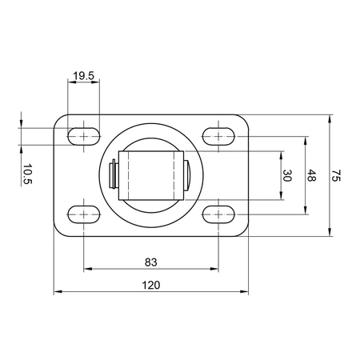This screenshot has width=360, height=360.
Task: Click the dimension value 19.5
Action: click(83, 76)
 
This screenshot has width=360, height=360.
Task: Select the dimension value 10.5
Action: click(27, 174)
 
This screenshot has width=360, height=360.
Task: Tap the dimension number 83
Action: click(150, 260)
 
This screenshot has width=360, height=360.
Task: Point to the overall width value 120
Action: click(150, 286)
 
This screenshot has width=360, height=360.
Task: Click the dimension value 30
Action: click(287, 176)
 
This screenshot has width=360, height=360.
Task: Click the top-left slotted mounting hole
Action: click(83, 137)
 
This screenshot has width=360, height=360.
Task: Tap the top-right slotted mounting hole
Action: click(218, 137)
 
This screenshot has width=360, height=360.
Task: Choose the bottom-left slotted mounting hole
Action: click(83, 214)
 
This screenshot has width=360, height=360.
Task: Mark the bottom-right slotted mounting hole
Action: click(218, 214)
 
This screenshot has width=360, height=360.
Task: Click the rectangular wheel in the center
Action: click(150, 175)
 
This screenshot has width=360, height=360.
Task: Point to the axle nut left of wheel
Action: click(114, 175)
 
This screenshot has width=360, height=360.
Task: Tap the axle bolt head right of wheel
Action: click(186, 175)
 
